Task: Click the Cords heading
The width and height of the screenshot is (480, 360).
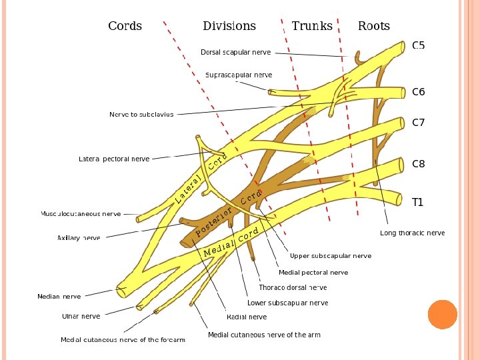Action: click(x=125, y=26)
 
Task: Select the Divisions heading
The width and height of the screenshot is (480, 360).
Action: click(x=229, y=26)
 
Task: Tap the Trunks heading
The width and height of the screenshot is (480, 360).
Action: click(x=312, y=26)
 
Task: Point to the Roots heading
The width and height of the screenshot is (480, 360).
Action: click(x=374, y=26)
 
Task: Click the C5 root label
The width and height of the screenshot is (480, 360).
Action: click(x=418, y=45)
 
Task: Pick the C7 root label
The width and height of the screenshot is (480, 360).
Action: click(x=418, y=123)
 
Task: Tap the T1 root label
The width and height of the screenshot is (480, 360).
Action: click(x=417, y=202)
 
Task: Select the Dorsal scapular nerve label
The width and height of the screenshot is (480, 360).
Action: click(x=236, y=53)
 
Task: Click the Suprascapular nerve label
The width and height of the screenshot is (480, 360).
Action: click(x=239, y=75)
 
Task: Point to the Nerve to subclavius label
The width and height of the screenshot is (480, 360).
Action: click(x=141, y=115)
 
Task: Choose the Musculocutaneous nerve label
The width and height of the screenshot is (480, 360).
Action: click(x=81, y=214)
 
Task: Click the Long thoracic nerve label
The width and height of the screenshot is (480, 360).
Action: click(x=413, y=233)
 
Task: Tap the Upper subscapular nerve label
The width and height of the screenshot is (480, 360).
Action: click(x=331, y=256)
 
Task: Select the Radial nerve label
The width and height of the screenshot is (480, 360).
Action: click(x=247, y=317)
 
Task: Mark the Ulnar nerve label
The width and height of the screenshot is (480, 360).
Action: click(x=81, y=316)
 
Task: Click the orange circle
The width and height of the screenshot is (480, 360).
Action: click(x=443, y=315)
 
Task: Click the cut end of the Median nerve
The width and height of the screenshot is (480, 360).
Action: click(x=121, y=293)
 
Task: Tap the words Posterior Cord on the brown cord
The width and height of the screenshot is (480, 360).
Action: click(x=229, y=213)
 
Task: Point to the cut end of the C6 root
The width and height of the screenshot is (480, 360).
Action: click(x=403, y=93)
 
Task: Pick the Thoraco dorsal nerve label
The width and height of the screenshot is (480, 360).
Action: click(x=293, y=287)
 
